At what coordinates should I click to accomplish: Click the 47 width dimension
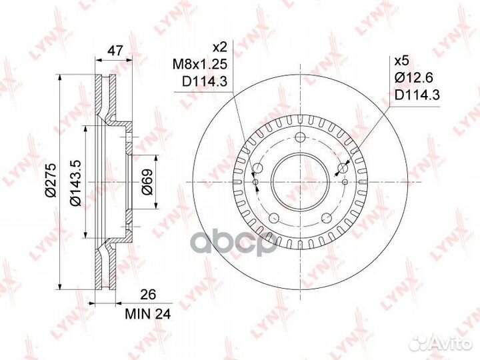115,50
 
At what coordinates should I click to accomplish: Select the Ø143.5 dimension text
75,183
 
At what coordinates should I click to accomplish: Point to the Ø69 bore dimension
147,182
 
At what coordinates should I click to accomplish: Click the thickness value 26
148,294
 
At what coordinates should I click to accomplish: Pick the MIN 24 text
147,314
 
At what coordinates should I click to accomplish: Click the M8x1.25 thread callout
200,64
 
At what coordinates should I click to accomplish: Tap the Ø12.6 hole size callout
413,78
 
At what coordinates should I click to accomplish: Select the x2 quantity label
219,47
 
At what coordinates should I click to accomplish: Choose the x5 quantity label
401,61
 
